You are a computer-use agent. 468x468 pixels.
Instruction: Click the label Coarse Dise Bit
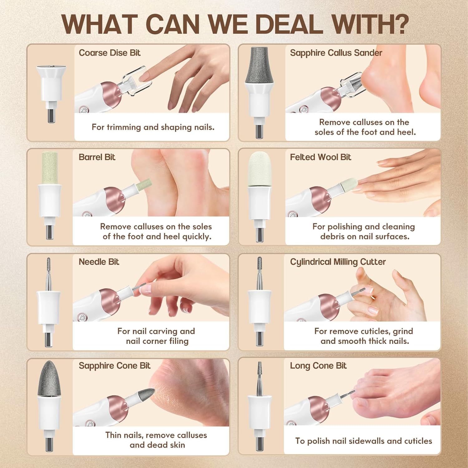tap(110, 53)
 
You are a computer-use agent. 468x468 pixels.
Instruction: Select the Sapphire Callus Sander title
tap(336, 53)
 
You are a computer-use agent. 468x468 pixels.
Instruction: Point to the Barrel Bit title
tap(97, 157)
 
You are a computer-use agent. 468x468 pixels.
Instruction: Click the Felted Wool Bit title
tap(320, 157)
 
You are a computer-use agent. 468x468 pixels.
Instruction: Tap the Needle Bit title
tap(99, 262)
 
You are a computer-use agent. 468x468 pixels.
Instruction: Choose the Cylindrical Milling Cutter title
tap(338, 262)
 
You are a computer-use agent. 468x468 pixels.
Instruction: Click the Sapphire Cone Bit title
tap(115, 366)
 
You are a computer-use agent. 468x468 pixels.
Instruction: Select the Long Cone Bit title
tap(318, 366)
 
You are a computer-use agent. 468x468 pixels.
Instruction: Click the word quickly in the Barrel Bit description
tap(197, 237)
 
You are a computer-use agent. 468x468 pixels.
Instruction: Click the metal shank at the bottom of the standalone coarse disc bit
tap(50, 115)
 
